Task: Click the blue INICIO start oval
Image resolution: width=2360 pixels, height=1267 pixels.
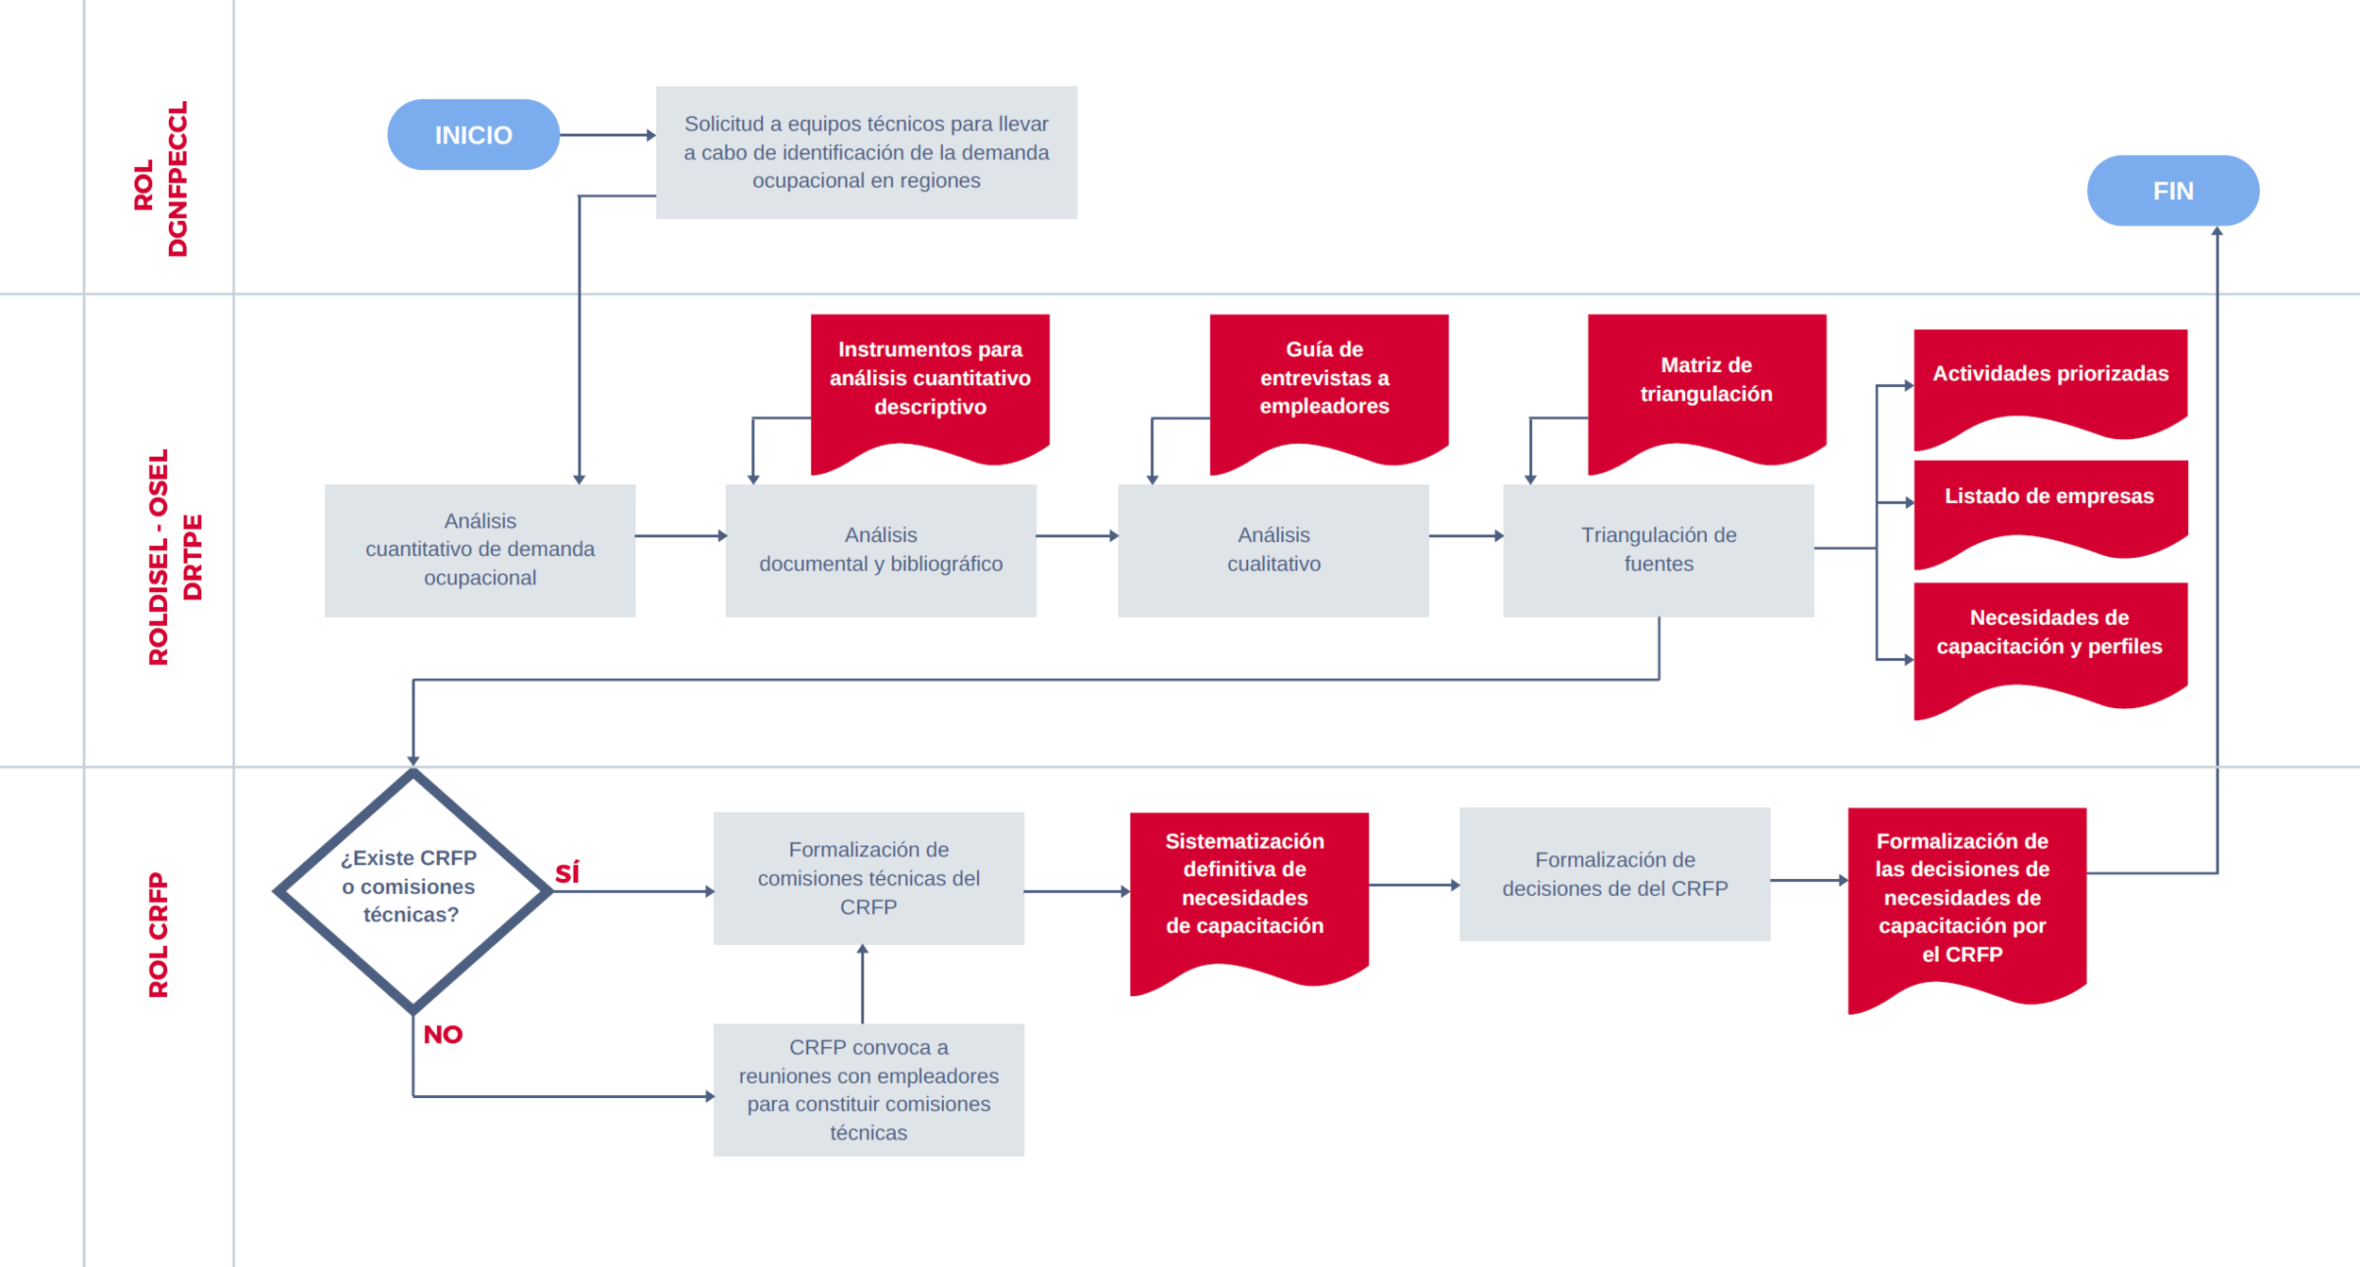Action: click(x=473, y=135)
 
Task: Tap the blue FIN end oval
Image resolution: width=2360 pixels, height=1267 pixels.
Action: click(x=2172, y=191)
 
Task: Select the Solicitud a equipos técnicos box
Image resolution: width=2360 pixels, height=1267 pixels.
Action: click(x=866, y=152)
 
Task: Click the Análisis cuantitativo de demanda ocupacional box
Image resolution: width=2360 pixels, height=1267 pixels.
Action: click(x=480, y=549)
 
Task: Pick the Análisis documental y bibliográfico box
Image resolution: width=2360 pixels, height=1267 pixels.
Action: click(x=880, y=549)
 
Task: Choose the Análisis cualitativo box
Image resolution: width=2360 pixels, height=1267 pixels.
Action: click(x=1273, y=549)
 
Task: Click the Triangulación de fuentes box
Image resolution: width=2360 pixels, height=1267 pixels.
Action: click(x=1658, y=549)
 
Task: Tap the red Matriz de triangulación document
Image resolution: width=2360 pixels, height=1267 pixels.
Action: click(x=1706, y=382)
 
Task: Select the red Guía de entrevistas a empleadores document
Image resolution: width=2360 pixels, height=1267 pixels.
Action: click(x=1328, y=380)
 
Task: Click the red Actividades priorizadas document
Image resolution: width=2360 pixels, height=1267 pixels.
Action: click(x=2049, y=377)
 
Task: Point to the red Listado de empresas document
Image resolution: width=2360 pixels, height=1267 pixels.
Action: click(x=2049, y=500)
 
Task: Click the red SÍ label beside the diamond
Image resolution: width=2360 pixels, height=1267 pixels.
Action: click(x=567, y=873)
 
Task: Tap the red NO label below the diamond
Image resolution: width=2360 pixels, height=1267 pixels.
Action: click(x=443, y=1034)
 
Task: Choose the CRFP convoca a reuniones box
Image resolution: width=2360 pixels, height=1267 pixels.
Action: click(x=868, y=1090)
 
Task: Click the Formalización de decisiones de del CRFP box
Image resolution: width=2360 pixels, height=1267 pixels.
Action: click(x=1614, y=873)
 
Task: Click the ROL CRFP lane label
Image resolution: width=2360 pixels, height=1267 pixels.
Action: click(x=158, y=935)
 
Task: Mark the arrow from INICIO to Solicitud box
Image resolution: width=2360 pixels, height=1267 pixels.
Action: click(x=607, y=135)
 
